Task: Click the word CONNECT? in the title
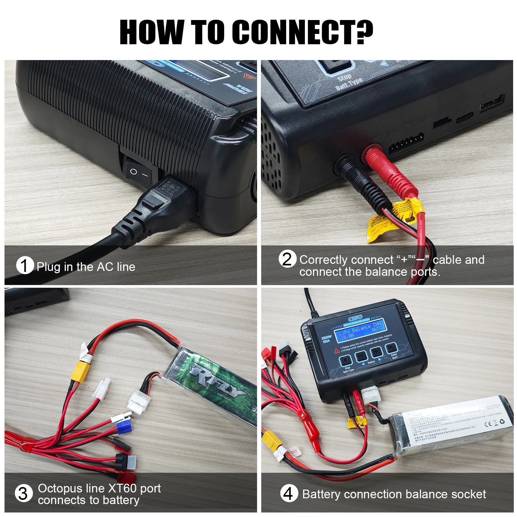click(302, 32)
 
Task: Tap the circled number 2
click(287, 259)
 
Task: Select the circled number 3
click(24, 494)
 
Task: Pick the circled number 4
click(288, 494)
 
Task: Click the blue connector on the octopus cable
click(124, 428)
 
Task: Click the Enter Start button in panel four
click(391, 348)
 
